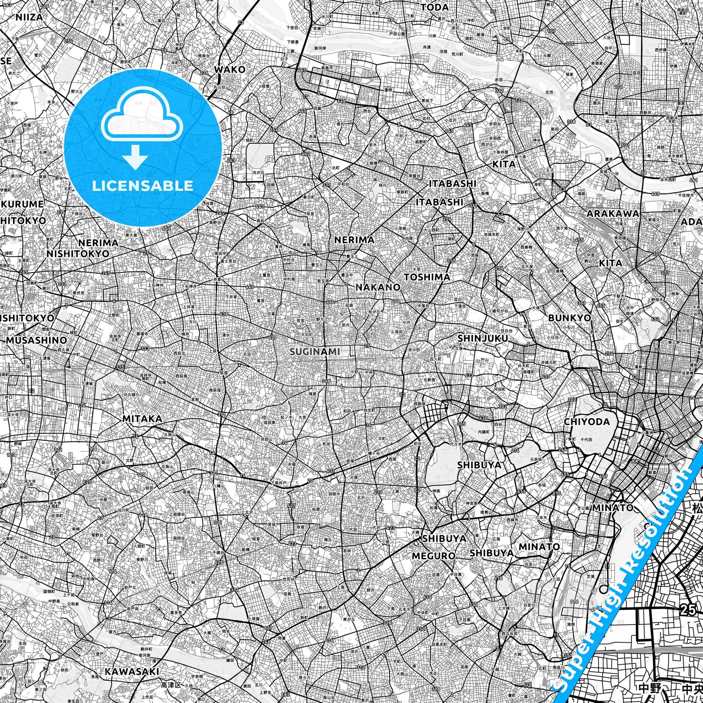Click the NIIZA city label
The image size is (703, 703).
click(x=29, y=17)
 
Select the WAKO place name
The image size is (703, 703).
click(x=229, y=69)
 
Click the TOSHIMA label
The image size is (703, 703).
click(x=427, y=277)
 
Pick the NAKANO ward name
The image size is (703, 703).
click(x=378, y=287)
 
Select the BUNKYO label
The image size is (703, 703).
click(x=570, y=318)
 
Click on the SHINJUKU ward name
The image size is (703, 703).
click(x=483, y=338)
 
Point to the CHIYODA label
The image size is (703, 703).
click(x=587, y=422)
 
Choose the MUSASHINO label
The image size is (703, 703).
click(x=37, y=340)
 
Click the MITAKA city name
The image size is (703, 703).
click(x=142, y=419)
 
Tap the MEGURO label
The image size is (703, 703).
click(x=434, y=556)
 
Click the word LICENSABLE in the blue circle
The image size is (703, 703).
click(x=143, y=186)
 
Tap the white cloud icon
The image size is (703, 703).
click(x=143, y=117)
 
